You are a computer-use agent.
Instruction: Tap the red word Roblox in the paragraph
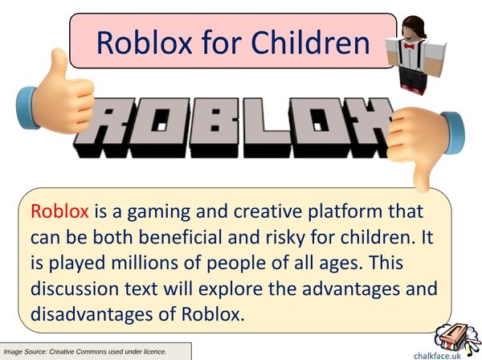pyautogui.click(x=59, y=211)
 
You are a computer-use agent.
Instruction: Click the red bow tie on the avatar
pyautogui.click(x=409, y=47)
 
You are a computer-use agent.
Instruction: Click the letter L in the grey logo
pyautogui.click(x=267, y=128)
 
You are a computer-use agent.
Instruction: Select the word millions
pyautogui.click(x=144, y=263)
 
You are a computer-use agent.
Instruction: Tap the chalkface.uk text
pyautogui.click(x=438, y=356)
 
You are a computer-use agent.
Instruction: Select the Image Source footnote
pyautogui.click(x=85, y=351)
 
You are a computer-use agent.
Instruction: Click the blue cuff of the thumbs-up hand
pyautogui.click(x=27, y=108)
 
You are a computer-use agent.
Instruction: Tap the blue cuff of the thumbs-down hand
pyautogui.click(x=454, y=133)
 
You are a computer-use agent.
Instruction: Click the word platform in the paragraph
pyautogui.click(x=345, y=212)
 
